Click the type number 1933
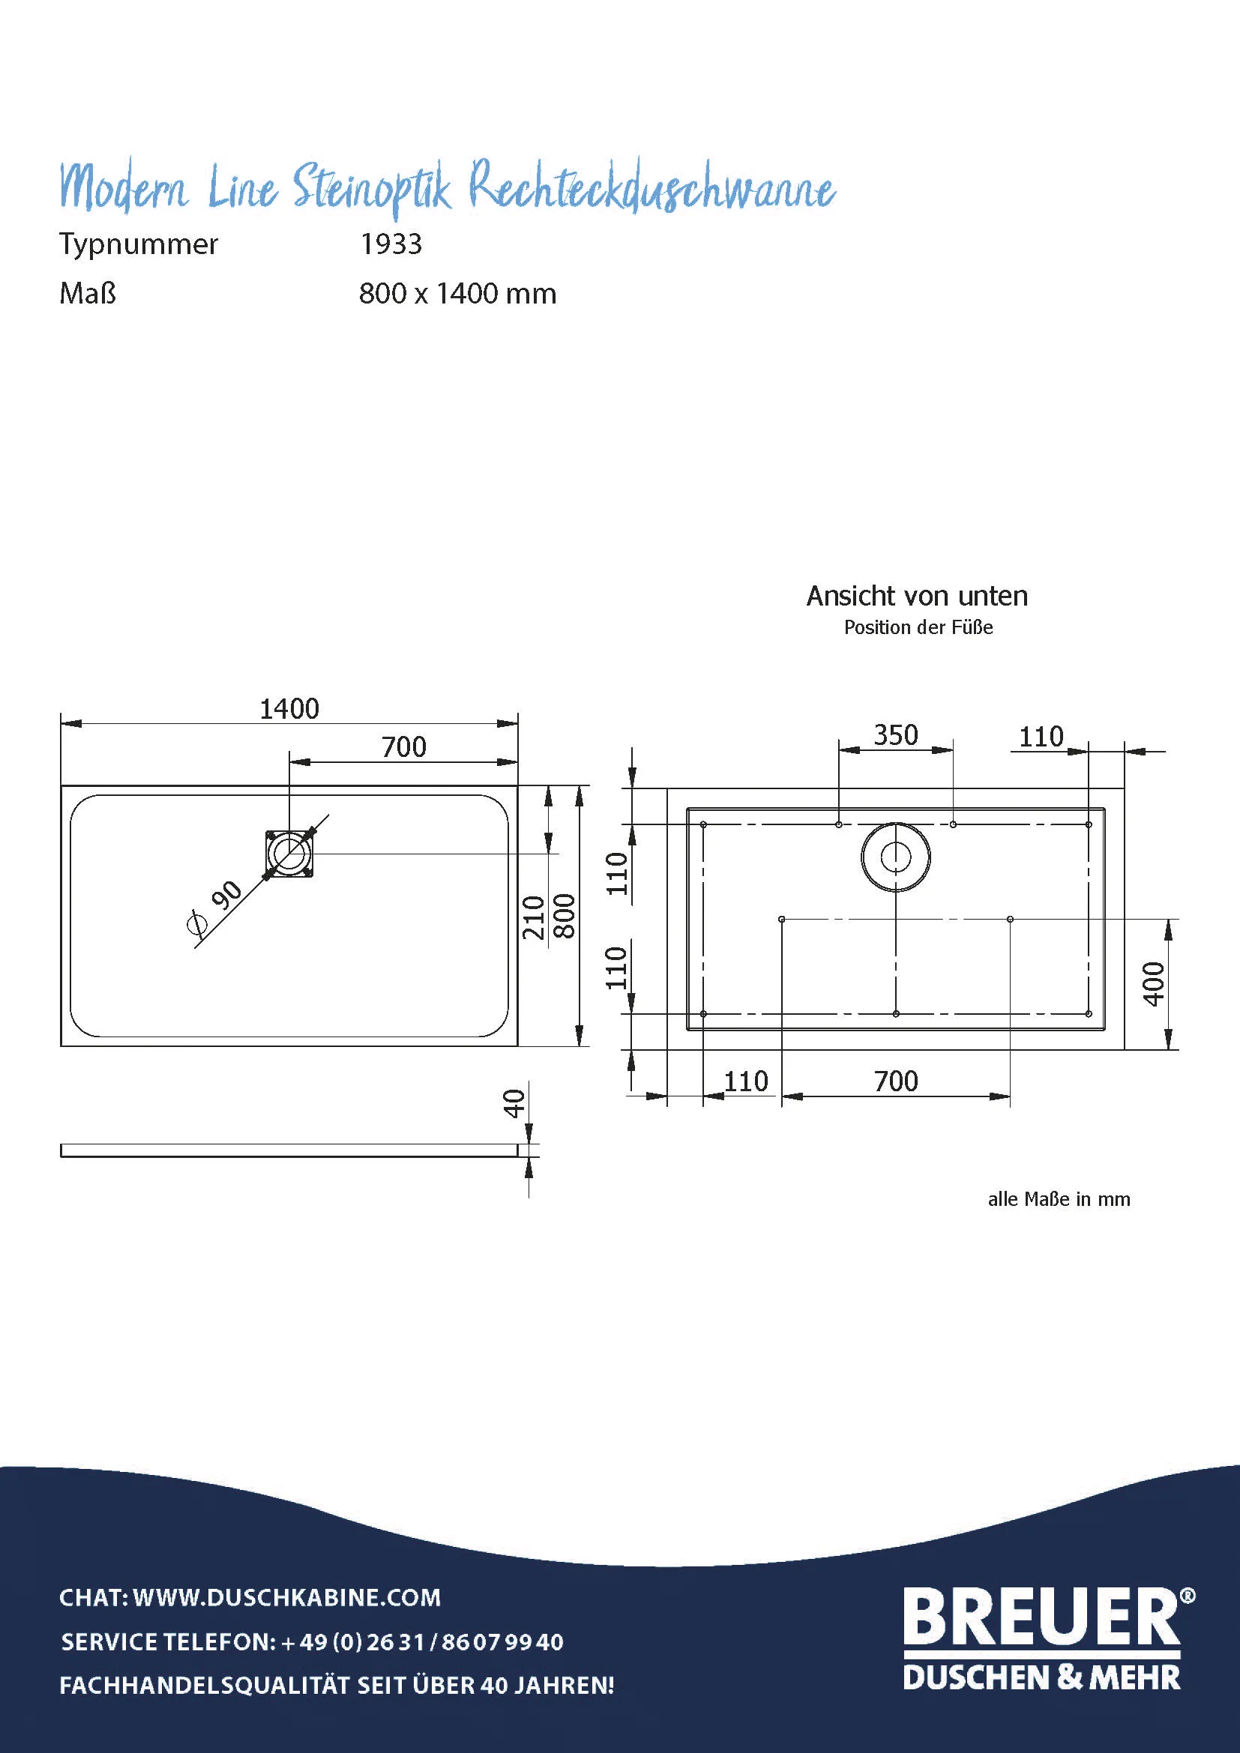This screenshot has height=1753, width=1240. [x=390, y=244]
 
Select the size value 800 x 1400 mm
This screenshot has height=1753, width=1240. [x=457, y=294]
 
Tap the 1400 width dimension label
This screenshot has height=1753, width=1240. [x=289, y=709]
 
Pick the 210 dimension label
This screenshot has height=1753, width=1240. [x=533, y=918]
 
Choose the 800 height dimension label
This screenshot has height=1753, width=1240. [x=565, y=916]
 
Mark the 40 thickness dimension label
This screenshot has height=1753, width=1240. [x=514, y=1103]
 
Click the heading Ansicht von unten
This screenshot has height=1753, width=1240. [x=917, y=597]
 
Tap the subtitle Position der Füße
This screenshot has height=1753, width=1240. [x=918, y=627]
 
